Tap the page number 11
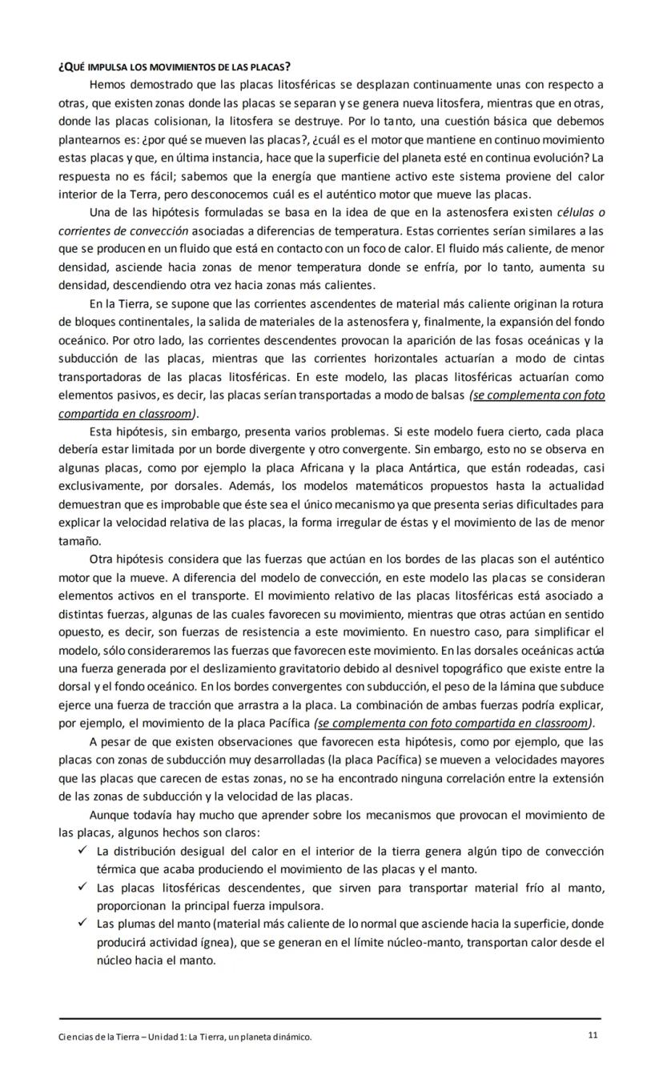[x=593, y=1036]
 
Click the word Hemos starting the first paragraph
[x=108, y=84]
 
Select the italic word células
[x=578, y=211]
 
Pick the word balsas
[x=444, y=395]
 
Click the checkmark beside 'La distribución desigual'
[x=82, y=851]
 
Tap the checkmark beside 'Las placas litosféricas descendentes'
[x=82, y=888]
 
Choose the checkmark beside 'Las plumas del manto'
[x=82, y=924]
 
